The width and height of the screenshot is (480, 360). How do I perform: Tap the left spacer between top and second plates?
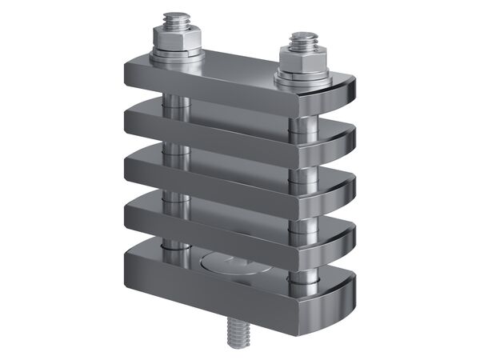click(x=174, y=102)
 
